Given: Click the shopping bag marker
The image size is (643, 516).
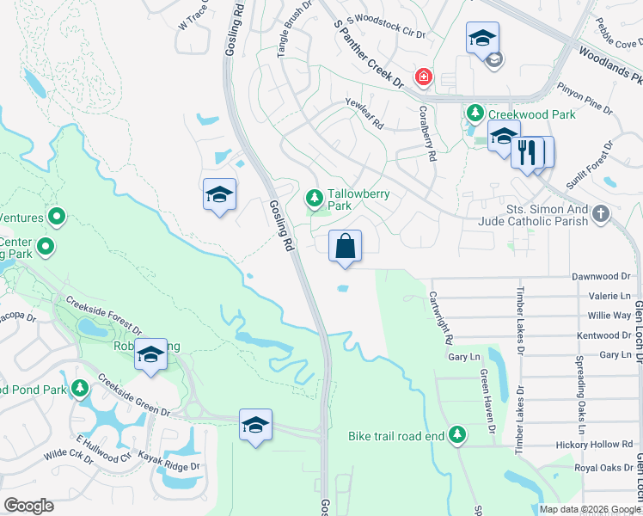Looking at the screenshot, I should coord(345,246).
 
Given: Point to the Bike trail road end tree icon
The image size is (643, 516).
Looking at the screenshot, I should coord(457,436).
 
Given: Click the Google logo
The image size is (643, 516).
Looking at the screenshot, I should coord(28,506).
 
